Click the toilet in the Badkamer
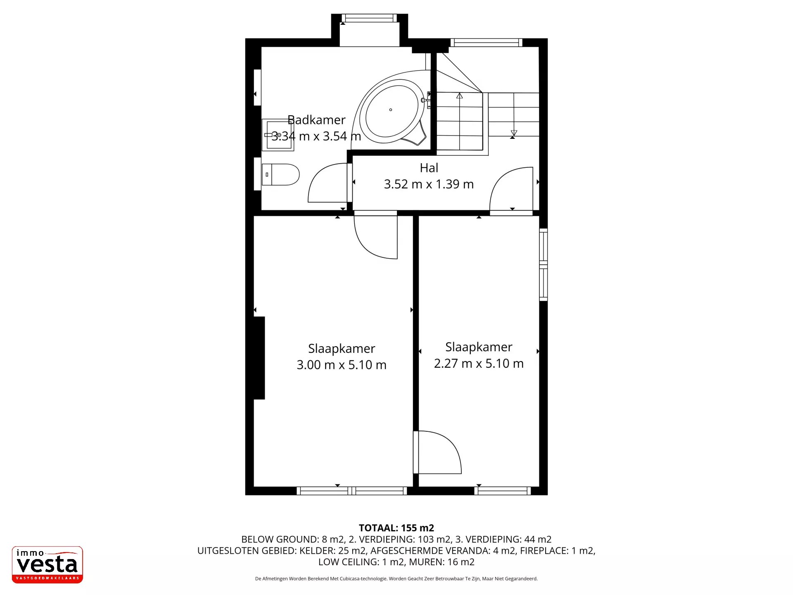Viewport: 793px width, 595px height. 280,174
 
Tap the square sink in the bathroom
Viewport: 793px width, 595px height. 278,135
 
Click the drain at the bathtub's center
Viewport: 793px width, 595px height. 391,109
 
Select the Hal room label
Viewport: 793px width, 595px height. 429,168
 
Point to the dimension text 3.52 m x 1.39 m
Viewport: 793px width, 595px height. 429,184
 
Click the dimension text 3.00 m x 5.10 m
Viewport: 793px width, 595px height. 342,364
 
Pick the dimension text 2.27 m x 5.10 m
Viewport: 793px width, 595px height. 479,363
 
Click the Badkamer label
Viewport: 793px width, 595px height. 316,120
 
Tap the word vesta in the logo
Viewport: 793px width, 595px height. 47,564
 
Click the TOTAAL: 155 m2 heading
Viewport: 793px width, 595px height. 396,528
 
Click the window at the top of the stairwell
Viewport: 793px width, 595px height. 486,43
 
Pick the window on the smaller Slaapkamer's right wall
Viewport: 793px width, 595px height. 544,264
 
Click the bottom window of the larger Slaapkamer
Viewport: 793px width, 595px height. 352,491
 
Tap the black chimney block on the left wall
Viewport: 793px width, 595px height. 259,358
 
